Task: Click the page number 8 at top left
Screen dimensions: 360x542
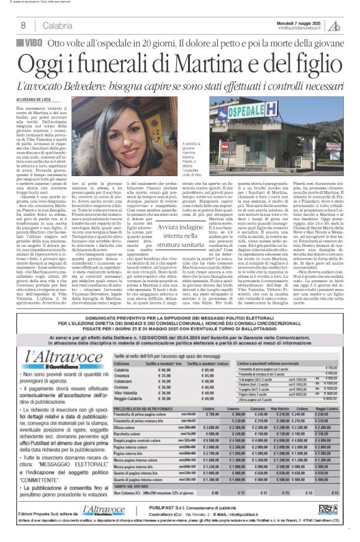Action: pos(23,25)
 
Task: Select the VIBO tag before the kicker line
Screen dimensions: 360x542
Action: pos(30,43)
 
